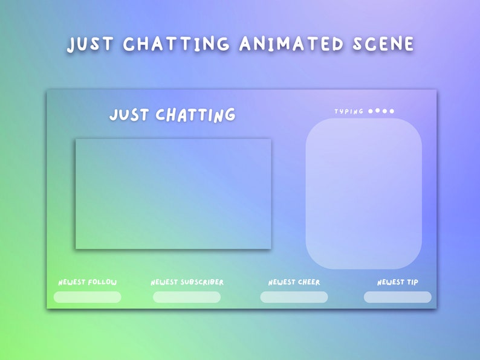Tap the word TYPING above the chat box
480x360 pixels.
349,111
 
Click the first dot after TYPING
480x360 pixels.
371,111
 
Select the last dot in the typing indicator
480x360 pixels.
392,111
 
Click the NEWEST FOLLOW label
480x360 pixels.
88,282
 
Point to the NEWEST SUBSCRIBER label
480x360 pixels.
187,282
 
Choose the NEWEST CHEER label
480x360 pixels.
294,282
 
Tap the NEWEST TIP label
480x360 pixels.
397,282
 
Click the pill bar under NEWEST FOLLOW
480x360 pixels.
87,297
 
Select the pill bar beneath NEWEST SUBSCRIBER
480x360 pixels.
186,297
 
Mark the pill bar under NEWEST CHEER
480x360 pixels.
294,297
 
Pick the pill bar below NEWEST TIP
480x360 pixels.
397,297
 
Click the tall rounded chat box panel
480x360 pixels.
363,193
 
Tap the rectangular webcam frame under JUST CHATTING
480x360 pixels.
173,193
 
